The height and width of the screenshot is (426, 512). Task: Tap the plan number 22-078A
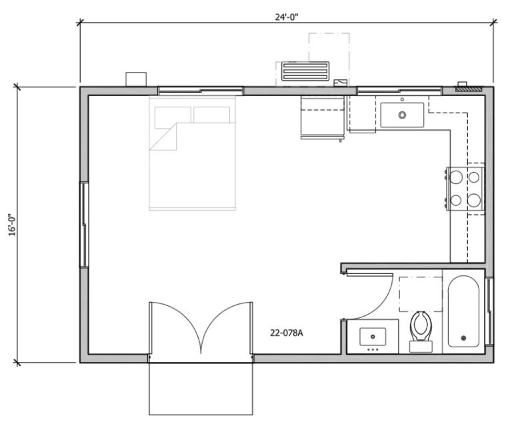point(287,333)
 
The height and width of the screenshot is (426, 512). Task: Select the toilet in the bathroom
point(421,329)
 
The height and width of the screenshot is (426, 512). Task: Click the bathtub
point(463,311)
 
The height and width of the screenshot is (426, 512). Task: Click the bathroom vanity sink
point(372,336)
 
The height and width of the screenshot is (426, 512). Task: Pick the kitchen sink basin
point(403,113)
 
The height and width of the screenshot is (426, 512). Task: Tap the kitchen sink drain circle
point(403,115)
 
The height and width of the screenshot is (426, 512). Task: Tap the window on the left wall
point(85,225)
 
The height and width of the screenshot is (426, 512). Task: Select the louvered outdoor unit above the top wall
point(305,71)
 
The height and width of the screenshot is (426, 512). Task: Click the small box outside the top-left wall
point(136,79)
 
